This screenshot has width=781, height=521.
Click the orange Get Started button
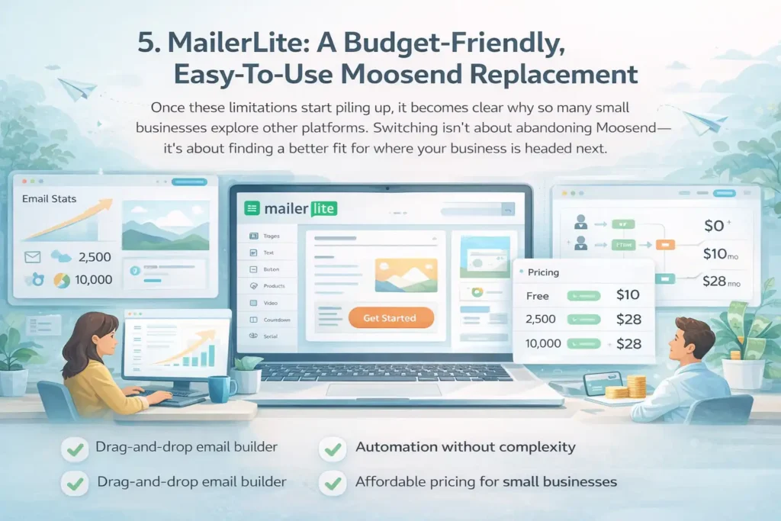click(x=390, y=317)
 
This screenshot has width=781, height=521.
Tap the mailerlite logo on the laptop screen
click(x=291, y=207)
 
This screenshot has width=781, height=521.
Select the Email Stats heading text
click(x=50, y=199)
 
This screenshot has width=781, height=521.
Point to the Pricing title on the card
click(x=544, y=272)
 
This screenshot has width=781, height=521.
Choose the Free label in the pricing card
click(x=538, y=295)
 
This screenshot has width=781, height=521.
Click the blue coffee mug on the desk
click(x=222, y=388)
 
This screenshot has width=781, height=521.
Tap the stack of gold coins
click(x=635, y=385)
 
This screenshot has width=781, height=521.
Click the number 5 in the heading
click(x=145, y=43)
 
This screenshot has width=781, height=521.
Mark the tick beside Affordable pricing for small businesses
click(x=333, y=483)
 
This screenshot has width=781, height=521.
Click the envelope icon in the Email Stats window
click(x=33, y=257)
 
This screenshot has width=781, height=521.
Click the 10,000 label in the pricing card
click(x=544, y=344)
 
